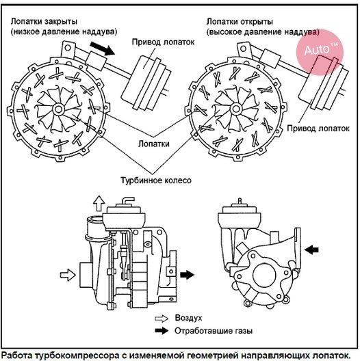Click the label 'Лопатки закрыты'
(x=44, y=21)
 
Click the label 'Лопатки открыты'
(x=240, y=21)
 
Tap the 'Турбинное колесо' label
(x=156, y=180)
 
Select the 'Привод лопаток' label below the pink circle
(x=318, y=129)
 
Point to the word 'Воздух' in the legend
(x=188, y=318)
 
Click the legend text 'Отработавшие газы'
(x=214, y=331)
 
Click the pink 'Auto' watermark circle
(x=320, y=52)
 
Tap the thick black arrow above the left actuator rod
(x=102, y=49)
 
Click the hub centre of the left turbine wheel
(x=58, y=109)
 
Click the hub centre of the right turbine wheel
(x=235, y=109)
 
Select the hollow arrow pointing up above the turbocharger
(x=99, y=203)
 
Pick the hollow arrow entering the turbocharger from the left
(x=68, y=275)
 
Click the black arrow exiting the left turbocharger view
(x=187, y=275)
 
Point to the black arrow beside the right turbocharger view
(x=311, y=250)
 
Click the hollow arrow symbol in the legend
(x=162, y=319)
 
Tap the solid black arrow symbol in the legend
(x=162, y=331)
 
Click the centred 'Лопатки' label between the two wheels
(x=154, y=144)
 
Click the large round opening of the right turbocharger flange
(x=264, y=275)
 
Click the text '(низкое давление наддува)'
(x=64, y=31)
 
